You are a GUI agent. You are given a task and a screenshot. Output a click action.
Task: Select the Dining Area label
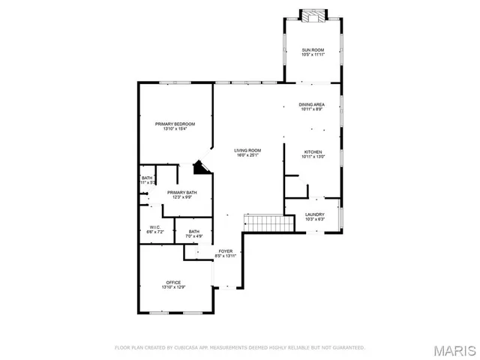tap(311, 104)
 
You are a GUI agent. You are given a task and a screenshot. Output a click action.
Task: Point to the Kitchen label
tap(311, 151)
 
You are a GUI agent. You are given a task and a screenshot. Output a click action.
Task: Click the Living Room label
tap(248, 151)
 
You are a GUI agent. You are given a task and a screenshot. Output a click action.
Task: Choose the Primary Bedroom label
tap(175, 124)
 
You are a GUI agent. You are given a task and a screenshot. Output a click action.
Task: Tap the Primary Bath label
tap(182, 193)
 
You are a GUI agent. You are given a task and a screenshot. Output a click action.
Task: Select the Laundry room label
tap(314, 215)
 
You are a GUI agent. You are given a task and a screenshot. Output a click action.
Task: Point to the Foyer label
tap(226, 251)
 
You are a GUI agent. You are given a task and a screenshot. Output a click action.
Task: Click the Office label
tap(174, 282)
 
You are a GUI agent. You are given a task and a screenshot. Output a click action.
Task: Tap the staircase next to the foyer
tap(268, 223)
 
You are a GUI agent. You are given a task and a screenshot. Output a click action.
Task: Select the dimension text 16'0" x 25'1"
tap(248, 156)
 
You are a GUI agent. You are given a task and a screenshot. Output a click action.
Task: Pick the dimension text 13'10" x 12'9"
tap(174, 287)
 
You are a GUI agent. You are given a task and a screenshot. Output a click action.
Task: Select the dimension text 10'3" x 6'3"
tap(314, 220)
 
